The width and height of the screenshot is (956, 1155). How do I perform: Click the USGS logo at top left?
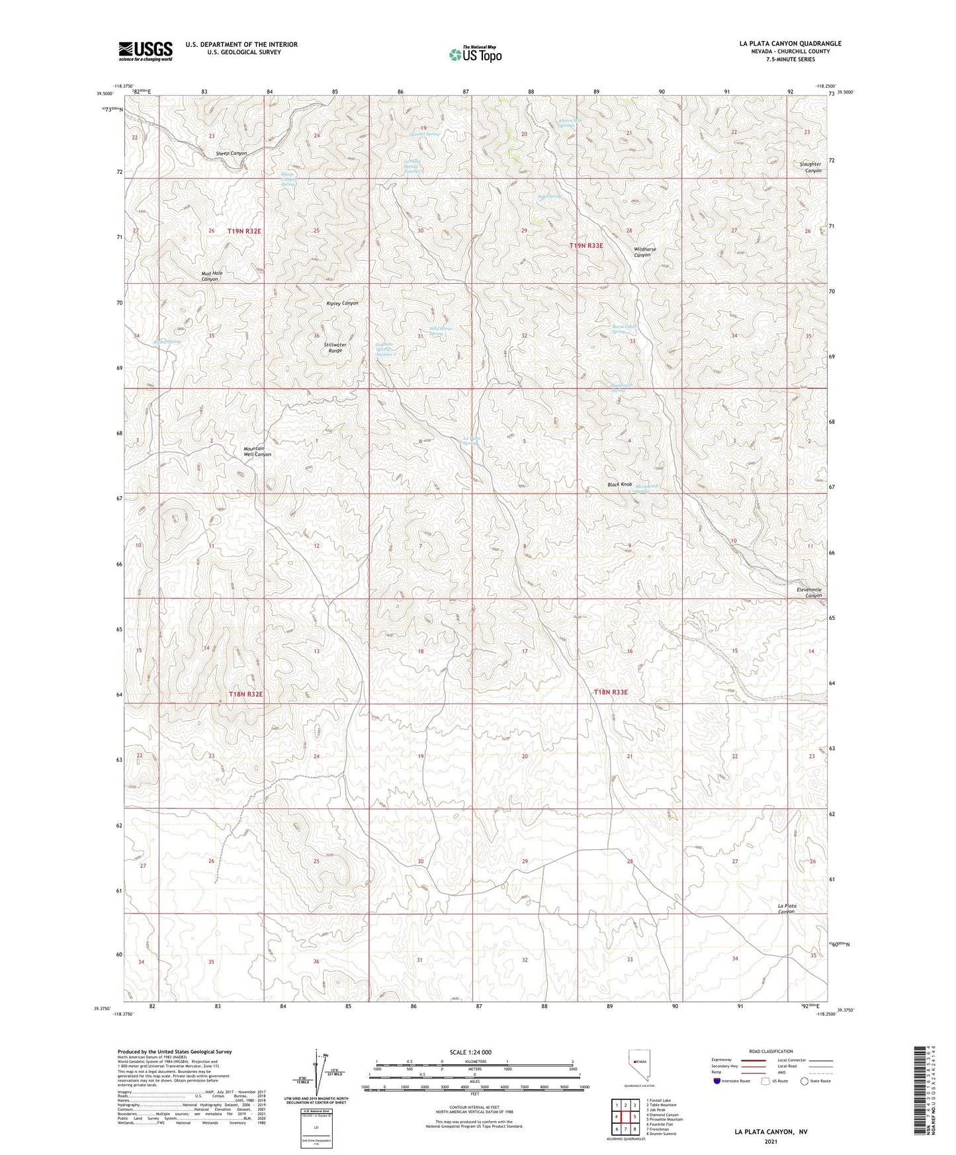(x=146, y=51)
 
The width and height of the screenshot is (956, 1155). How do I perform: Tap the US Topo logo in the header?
(x=474, y=54)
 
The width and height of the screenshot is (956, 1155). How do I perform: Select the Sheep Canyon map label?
(x=231, y=153)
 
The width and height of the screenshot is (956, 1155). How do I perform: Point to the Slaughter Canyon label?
(x=810, y=167)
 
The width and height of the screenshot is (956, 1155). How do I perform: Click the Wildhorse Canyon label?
(x=645, y=252)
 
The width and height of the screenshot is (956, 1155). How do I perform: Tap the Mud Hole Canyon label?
(x=212, y=276)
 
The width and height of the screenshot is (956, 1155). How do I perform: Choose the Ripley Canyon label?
(x=342, y=303)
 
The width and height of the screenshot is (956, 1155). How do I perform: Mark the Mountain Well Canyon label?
(x=257, y=451)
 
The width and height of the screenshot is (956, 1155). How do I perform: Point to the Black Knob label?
(x=620, y=485)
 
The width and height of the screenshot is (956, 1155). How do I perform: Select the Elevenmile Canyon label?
(x=808, y=592)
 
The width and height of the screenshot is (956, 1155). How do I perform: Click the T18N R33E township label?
(x=610, y=692)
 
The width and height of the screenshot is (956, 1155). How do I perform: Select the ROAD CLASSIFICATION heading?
(x=771, y=1051)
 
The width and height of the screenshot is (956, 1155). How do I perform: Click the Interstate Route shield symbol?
(x=717, y=1082)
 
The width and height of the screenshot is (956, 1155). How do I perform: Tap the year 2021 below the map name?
(x=771, y=1141)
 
